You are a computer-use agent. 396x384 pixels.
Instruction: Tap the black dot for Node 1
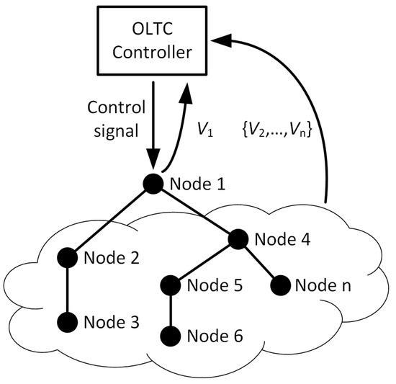click(153, 184)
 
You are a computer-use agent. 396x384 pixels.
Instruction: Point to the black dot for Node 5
click(170, 284)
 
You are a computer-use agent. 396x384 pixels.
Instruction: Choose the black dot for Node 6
click(170, 335)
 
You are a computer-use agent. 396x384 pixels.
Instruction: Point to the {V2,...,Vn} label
click(278, 133)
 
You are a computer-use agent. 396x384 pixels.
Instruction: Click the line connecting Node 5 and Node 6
click(170, 310)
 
